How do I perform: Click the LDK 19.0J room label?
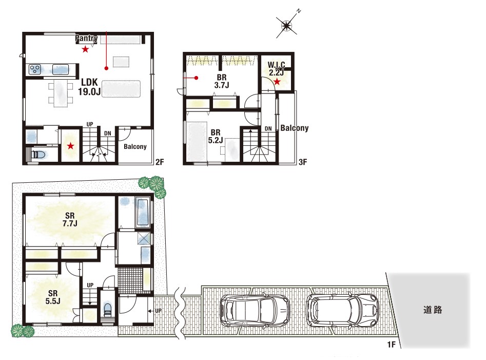tap(89, 87)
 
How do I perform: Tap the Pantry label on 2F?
tap(87, 39)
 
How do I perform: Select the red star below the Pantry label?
tap(85, 49)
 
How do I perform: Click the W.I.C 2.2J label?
tap(277, 69)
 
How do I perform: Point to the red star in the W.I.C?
tap(277, 82)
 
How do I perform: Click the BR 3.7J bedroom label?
tap(222, 81)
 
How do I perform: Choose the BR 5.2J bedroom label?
tap(216, 137)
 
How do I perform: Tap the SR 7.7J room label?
tap(70, 219)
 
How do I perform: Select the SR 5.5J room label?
tap(53, 297)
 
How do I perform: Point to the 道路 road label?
tap(433, 310)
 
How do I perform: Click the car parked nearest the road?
tap(342, 310)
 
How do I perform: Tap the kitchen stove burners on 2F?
tap(35, 69)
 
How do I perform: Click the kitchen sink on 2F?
tap(61, 69)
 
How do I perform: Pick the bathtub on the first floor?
tap(143, 213)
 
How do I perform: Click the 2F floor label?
tap(160, 162)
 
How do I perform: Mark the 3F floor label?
tap(303, 162)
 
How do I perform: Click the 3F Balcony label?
tap(295, 128)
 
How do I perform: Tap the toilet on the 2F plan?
tap(39, 155)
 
